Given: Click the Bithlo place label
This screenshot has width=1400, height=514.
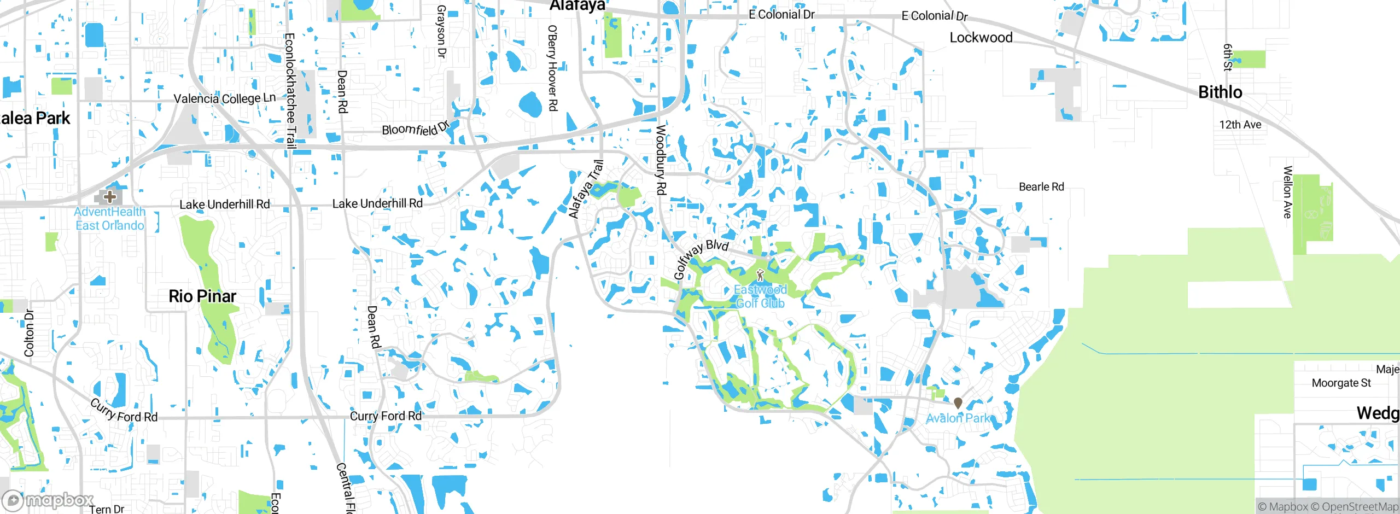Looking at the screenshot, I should (x=1220, y=92).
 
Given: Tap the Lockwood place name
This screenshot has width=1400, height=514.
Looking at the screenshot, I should (x=981, y=38).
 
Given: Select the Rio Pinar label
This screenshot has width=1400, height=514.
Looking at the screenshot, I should (x=202, y=296).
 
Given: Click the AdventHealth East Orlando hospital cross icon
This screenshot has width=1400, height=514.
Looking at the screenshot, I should (x=110, y=196).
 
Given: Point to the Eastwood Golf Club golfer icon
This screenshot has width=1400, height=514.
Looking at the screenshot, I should (x=760, y=275).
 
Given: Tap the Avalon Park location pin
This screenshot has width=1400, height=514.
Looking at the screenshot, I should (x=958, y=403).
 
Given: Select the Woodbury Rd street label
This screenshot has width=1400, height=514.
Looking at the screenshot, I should (x=661, y=160).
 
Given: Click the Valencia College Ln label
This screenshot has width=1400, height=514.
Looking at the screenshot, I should (x=224, y=98).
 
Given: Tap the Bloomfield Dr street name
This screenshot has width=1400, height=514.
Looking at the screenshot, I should (x=415, y=128).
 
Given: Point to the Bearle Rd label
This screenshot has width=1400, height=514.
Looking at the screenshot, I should (x=1041, y=187).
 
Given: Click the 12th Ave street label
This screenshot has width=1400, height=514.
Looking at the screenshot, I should (x=1240, y=125).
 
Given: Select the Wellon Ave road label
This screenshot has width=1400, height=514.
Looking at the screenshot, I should (x=1288, y=192).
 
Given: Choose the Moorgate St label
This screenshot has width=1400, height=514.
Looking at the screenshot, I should (x=1341, y=383).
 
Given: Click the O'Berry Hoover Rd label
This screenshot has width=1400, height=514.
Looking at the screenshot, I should (x=552, y=68).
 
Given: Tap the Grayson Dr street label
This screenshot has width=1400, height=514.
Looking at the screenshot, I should (x=441, y=31).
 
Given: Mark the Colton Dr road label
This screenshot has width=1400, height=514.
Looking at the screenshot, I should (x=29, y=333).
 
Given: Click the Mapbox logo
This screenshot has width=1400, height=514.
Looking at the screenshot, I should (x=48, y=500).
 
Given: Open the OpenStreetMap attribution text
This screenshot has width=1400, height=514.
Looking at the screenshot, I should (x=1360, y=507).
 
